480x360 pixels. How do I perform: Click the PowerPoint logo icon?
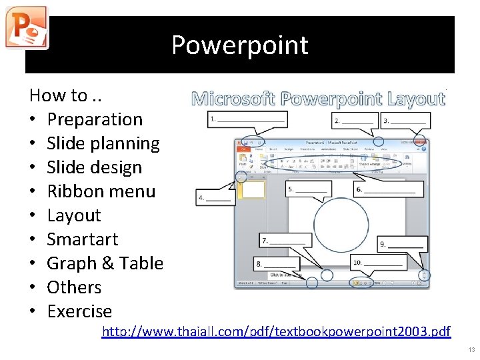[26, 27]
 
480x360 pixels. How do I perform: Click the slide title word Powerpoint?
[239, 45]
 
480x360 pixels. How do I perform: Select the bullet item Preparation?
[95, 119]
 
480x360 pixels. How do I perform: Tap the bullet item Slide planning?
[103, 143]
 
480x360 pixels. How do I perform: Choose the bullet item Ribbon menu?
[101, 191]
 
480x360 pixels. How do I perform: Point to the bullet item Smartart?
[83, 239]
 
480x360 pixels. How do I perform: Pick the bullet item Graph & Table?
[105, 263]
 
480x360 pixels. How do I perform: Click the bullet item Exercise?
[79, 311]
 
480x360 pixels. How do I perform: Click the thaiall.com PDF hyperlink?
[276, 331]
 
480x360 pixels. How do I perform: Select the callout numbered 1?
[247, 120]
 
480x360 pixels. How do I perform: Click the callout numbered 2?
[355, 121]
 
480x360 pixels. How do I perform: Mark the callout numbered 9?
[401, 245]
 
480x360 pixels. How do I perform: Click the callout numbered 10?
[377, 263]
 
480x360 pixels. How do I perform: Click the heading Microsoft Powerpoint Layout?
[318, 99]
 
